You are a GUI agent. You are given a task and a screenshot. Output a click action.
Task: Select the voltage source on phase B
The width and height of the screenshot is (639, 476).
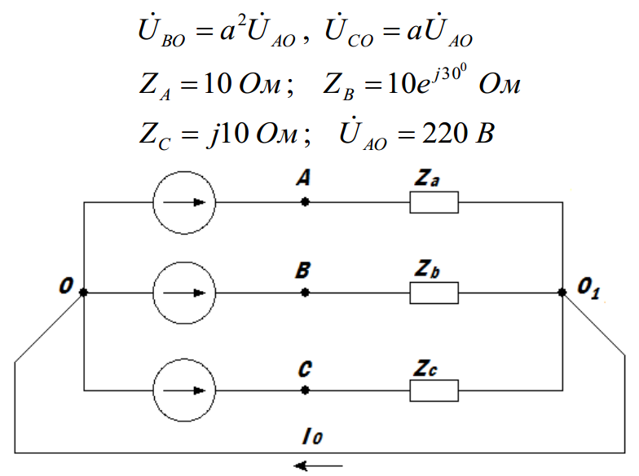[184, 293]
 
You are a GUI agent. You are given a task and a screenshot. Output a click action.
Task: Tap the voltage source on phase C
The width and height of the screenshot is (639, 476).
[184, 390]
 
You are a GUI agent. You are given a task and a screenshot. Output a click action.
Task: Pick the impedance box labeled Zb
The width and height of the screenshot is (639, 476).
[434, 293]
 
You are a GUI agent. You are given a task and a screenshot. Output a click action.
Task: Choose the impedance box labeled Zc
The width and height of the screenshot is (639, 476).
[434, 390]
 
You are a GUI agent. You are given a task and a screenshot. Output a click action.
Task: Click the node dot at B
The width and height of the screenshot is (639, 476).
[305, 293]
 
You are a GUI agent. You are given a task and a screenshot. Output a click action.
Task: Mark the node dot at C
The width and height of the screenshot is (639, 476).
[305, 390]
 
